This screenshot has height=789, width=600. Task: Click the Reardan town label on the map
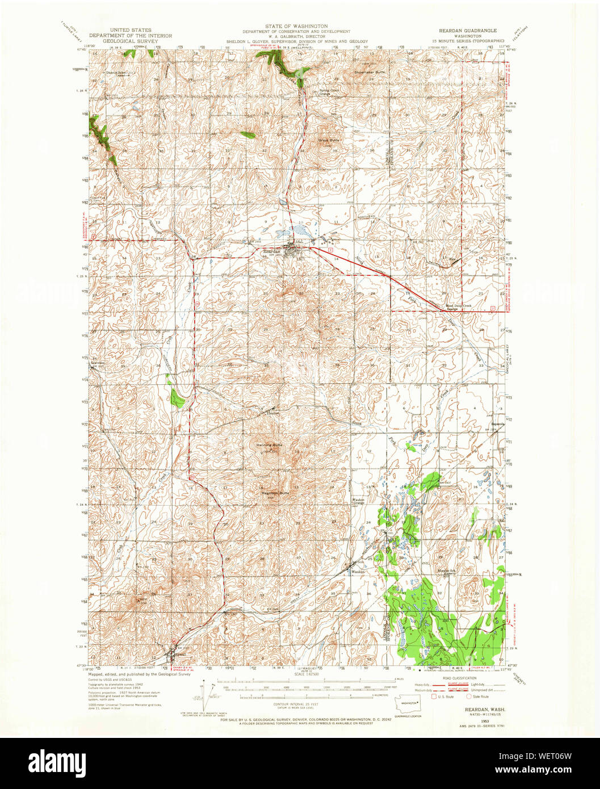[271, 251]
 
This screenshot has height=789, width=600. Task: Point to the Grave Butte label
[328, 139]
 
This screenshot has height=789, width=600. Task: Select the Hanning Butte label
[269, 446]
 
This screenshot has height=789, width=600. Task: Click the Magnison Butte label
[275, 493]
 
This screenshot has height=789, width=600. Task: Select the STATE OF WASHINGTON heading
[300, 26]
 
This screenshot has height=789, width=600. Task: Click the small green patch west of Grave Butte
[247, 135]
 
